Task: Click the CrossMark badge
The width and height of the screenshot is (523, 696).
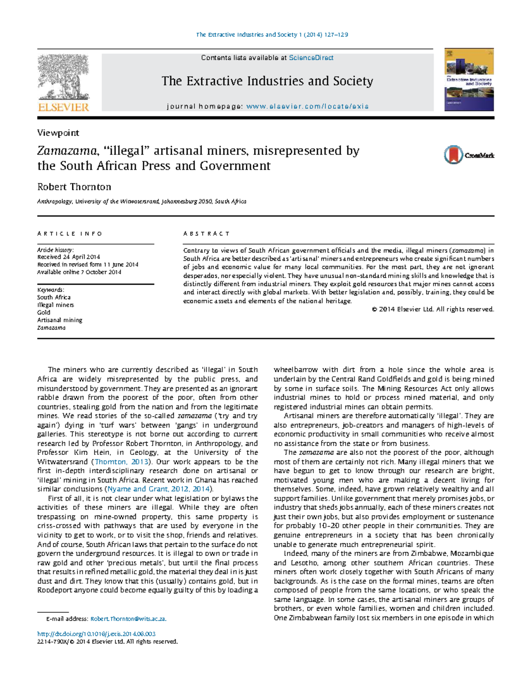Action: [469, 155]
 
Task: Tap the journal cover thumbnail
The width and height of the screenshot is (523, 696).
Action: [469, 80]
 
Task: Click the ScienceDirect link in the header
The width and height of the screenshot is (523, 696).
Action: [311, 58]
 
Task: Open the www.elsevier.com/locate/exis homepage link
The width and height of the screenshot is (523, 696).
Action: [307, 107]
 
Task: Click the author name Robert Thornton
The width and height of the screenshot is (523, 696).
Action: [74, 187]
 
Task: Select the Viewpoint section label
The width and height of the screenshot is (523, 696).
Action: [58, 133]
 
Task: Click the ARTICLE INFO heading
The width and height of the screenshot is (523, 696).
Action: [70, 234]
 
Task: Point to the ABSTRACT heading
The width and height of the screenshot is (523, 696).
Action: [206, 234]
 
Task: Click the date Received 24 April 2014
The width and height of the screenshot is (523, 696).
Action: [68, 257]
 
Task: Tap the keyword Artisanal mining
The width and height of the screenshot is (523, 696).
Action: [60, 320]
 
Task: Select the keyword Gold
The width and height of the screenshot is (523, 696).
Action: [44, 313]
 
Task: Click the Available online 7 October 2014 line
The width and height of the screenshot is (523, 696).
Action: [79, 272]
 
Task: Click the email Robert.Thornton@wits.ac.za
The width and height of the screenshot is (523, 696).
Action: [128, 619]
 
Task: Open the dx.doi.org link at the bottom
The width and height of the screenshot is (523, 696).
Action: [96, 634]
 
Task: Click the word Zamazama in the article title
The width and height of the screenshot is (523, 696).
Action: [67, 151]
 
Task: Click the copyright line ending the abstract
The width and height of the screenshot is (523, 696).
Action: [433, 309]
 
